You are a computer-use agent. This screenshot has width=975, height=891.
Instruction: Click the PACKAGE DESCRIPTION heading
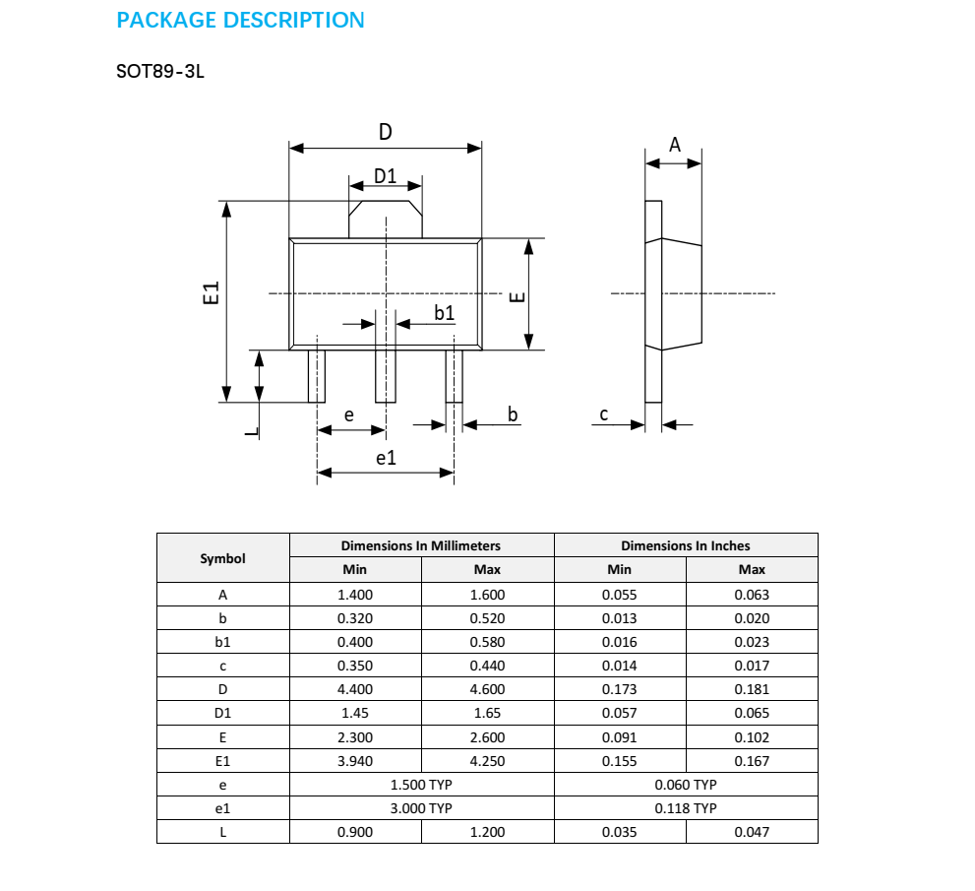click(240, 20)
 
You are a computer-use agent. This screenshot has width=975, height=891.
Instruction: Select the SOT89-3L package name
click(159, 73)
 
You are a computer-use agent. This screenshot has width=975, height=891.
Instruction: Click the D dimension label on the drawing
click(386, 131)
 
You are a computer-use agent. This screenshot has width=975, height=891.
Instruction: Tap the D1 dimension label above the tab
click(385, 176)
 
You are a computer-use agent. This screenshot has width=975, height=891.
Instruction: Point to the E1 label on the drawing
click(210, 292)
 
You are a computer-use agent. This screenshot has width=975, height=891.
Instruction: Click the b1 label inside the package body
click(445, 312)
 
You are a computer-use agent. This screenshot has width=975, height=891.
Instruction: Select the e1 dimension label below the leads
click(386, 458)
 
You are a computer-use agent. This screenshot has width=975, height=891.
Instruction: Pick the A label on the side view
click(675, 145)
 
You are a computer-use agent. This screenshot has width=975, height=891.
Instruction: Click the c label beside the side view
click(604, 414)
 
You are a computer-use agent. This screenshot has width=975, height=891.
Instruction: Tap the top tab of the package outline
click(386, 220)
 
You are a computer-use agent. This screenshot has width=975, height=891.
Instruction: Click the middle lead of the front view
click(386, 376)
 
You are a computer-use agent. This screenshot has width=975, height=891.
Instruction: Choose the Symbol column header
click(223, 558)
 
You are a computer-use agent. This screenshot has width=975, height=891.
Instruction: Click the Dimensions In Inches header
click(686, 545)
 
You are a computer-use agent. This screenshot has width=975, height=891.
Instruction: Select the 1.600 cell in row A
click(487, 595)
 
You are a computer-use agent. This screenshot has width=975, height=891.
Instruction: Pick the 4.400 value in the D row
click(355, 689)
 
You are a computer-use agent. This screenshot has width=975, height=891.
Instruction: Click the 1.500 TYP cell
click(421, 785)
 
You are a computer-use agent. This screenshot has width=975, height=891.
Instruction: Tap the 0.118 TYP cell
click(686, 808)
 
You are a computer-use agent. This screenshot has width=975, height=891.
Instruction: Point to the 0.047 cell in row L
click(752, 832)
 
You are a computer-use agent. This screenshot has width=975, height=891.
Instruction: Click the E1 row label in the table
click(223, 761)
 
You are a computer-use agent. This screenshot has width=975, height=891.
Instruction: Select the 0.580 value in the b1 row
click(487, 642)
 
